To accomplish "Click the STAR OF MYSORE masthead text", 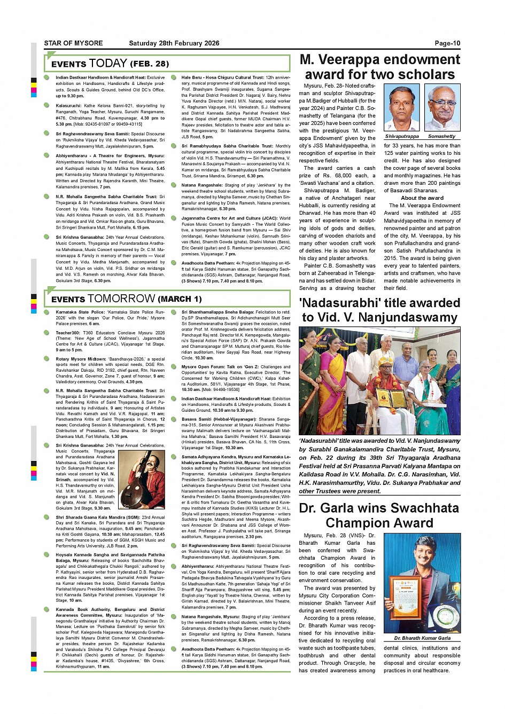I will click(73, 43).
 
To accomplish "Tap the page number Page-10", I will click(447, 43).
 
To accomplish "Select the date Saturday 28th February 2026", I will click(174, 43).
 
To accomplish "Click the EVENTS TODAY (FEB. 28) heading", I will click(110, 64).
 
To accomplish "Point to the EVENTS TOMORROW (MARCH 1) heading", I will click(126, 299).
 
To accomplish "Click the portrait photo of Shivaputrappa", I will click(402, 107).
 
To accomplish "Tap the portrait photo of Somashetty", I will click(442, 107).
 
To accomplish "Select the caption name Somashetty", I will click(442, 136).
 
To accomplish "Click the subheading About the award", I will click(422, 198).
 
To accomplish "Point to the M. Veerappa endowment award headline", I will click(379, 67).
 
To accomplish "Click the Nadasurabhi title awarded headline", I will click(379, 310).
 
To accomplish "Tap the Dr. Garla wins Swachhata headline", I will click(379, 515).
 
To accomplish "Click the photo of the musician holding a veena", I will click(141, 480).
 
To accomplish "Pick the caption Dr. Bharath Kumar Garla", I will click(422, 638).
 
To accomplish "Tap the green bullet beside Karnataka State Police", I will click(48, 312).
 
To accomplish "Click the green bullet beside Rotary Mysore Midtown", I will click(48, 359).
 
